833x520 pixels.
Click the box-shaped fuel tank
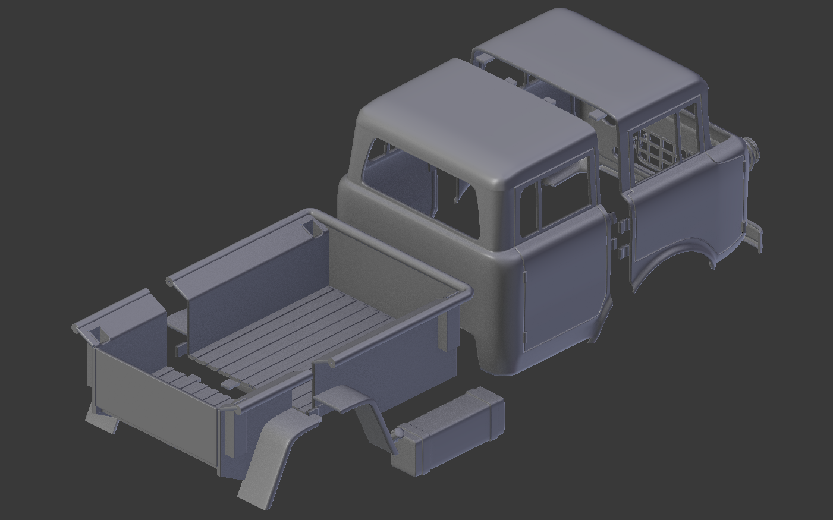(x=458, y=428)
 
